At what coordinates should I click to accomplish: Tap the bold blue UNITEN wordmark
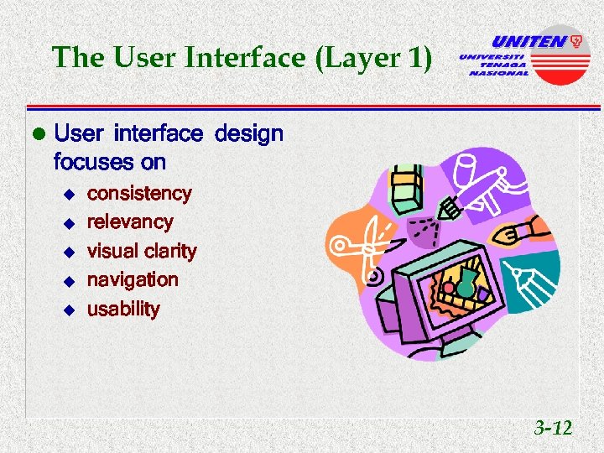(x=528, y=40)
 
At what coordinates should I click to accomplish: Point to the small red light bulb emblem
(x=576, y=39)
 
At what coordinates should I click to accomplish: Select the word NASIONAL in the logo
(x=498, y=73)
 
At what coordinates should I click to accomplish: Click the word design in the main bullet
(x=249, y=133)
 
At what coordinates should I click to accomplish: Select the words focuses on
(x=109, y=161)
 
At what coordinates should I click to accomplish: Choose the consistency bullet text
(x=139, y=194)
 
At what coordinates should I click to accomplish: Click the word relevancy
(x=130, y=222)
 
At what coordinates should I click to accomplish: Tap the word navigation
(x=133, y=279)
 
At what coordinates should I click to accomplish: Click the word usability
(x=123, y=309)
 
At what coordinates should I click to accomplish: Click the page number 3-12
(x=553, y=429)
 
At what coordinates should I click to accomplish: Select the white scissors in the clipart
(x=358, y=247)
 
